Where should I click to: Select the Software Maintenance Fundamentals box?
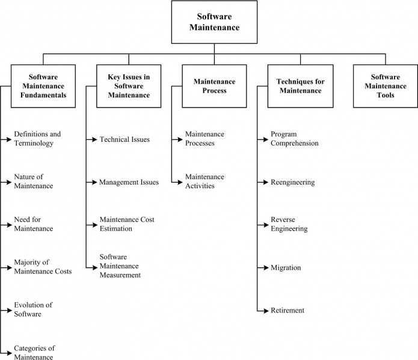(x=43, y=86)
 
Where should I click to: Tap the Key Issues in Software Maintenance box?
(x=128, y=86)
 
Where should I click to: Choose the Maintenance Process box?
(x=214, y=86)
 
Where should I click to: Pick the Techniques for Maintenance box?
(x=299, y=86)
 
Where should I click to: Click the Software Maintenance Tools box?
(x=385, y=86)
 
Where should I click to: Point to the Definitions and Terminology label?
(x=37, y=139)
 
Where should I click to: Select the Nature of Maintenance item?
(x=34, y=182)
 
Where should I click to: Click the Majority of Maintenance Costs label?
(x=43, y=267)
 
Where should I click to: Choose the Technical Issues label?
(x=124, y=139)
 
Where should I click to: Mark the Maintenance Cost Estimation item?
(x=127, y=224)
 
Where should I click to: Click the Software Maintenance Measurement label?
(x=120, y=266)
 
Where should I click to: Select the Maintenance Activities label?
(x=204, y=182)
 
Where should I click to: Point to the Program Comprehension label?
(x=295, y=139)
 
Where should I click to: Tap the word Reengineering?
(x=293, y=182)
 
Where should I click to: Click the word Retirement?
(x=287, y=310)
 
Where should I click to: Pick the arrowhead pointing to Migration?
(x=265, y=267)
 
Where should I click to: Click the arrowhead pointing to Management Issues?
(x=94, y=182)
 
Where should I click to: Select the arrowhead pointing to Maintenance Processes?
(x=179, y=139)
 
